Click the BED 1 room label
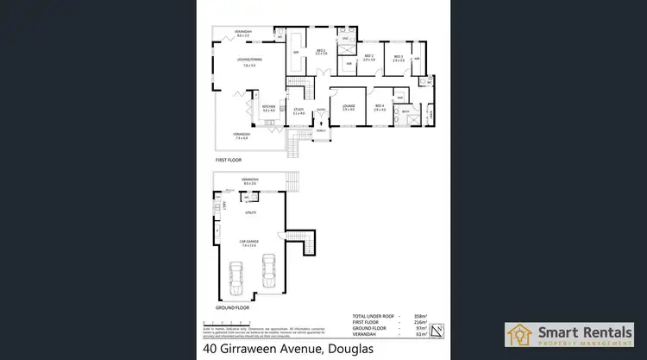point(320,52)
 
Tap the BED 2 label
point(368,57)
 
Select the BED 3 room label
point(398,57)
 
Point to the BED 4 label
point(380,105)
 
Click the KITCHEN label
point(268,107)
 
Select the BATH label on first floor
point(405,111)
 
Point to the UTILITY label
point(251,212)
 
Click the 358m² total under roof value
point(422,316)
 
